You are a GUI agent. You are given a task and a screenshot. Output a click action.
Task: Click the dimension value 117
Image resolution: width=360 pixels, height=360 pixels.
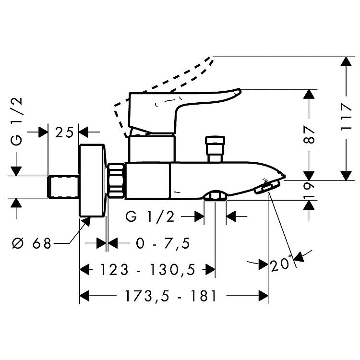tap(346, 117)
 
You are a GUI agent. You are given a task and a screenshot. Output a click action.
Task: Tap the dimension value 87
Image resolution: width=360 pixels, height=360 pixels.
tap(309, 134)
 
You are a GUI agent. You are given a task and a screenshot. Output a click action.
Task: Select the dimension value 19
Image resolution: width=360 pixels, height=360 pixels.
tap(309, 190)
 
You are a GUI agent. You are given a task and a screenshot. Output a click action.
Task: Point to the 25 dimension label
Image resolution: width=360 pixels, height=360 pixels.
tap(64, 132)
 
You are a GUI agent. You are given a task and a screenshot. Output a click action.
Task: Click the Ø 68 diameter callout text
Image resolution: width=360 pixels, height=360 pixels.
tap(32, 243)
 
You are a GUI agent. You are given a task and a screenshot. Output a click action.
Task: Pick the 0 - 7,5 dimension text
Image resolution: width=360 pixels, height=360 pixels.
tap(163, 243)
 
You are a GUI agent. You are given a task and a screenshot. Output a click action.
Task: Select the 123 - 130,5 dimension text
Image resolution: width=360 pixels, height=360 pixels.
tap(148, 270)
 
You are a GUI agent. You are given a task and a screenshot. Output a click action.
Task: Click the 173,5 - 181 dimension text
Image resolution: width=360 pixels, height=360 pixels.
tap(170, 296)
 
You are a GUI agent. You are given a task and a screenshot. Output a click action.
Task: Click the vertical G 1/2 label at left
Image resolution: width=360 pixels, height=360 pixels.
tap(17, 122)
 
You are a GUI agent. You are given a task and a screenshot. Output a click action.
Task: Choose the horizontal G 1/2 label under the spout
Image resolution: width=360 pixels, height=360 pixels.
tap(150, 217)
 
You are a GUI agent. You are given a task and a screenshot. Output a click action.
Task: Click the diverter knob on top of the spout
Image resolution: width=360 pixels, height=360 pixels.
tap(215, 149)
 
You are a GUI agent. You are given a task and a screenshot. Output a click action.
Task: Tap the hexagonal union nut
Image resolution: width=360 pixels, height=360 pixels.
tap(116, 180)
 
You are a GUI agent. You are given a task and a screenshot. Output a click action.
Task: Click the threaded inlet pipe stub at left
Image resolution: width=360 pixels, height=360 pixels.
tap(63, 186)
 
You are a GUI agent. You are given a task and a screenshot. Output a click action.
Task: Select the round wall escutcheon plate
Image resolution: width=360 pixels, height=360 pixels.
tap(92, 180)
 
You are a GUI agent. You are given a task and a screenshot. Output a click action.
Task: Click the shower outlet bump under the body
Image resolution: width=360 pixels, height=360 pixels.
tap(215, 196)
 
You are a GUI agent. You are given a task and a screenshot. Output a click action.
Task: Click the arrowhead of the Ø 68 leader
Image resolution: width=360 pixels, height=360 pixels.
tap(86, 222)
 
